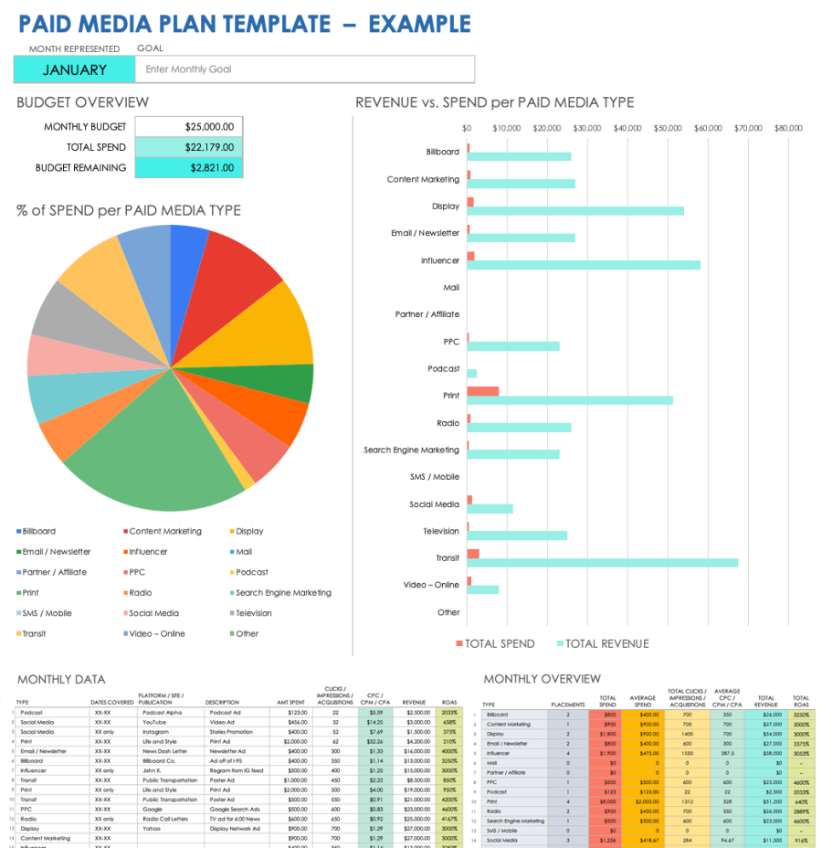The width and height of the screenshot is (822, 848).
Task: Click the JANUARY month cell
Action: (74, 69)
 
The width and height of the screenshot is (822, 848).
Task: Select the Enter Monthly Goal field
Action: (305, 69)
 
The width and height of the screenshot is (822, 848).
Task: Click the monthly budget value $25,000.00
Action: (189, 127)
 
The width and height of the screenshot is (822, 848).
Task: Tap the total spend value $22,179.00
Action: (189, 147)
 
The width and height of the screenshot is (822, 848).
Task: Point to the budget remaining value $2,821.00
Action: (189, 168)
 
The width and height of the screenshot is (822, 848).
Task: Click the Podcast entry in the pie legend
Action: (251, 572)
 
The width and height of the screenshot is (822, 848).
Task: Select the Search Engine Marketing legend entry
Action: (283, 593)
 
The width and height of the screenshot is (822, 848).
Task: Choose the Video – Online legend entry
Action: (156, 633)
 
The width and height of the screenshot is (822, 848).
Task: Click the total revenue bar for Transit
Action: (602, 563)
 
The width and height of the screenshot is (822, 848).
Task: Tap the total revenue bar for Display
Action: (575, 211)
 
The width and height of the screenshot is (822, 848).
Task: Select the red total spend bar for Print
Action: (482, 391)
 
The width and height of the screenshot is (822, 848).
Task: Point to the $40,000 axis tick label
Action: (627, 129)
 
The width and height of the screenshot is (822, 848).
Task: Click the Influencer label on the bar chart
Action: (439, 260)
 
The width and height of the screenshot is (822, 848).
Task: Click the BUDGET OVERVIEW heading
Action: (82, 102)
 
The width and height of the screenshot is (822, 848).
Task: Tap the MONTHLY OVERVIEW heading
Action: (542, 679)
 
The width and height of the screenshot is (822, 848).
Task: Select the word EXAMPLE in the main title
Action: (419, 24)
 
